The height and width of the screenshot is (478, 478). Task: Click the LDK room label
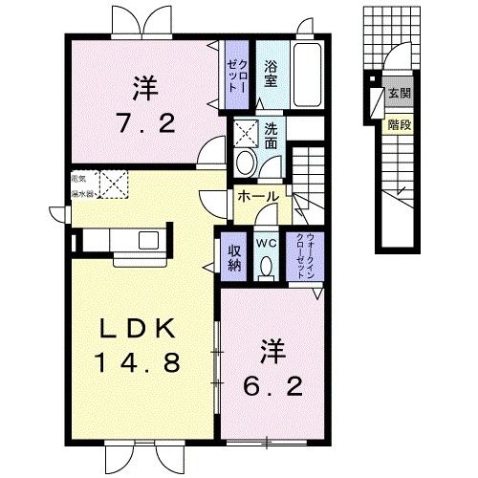click(139, 328)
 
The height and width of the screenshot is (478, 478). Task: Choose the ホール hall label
click(258, 197)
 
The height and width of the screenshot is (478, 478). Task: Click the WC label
click(268, 243)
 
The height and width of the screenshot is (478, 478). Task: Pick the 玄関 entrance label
click(398, 94)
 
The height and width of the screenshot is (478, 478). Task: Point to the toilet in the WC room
click(268, 271)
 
